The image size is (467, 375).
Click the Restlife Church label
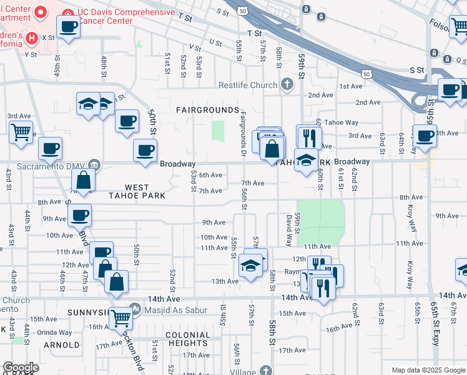coord(247,85)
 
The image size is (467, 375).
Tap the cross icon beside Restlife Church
coord(287,84)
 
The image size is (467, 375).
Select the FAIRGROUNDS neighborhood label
coord(207,110)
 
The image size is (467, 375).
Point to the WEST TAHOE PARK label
coord(137,191)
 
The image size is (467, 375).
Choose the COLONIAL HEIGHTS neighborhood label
coord(187,339)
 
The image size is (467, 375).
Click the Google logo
coord(21,367)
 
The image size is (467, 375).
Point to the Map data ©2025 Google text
coord(428,370)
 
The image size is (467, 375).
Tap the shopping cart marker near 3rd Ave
coord(21,132)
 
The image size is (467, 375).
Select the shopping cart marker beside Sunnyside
coord(120,318)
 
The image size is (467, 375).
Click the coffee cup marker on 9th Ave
coord(79,216)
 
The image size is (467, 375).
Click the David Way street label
coord(289,229)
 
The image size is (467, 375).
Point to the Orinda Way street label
coord(54,333)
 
